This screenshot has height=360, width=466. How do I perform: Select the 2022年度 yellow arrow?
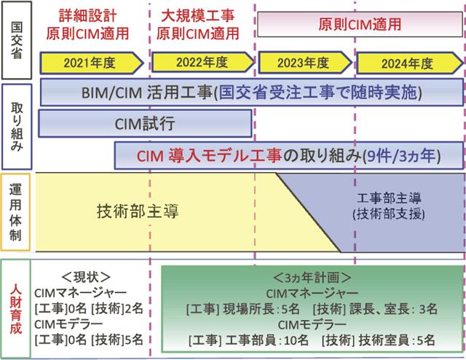click(197, 63)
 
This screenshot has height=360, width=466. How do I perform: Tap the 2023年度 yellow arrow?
click(303, 63)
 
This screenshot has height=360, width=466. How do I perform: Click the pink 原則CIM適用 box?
click(360, 23)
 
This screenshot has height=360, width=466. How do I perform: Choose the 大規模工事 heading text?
click(197, 14)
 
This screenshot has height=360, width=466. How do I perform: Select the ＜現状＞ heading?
click(87, 276)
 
